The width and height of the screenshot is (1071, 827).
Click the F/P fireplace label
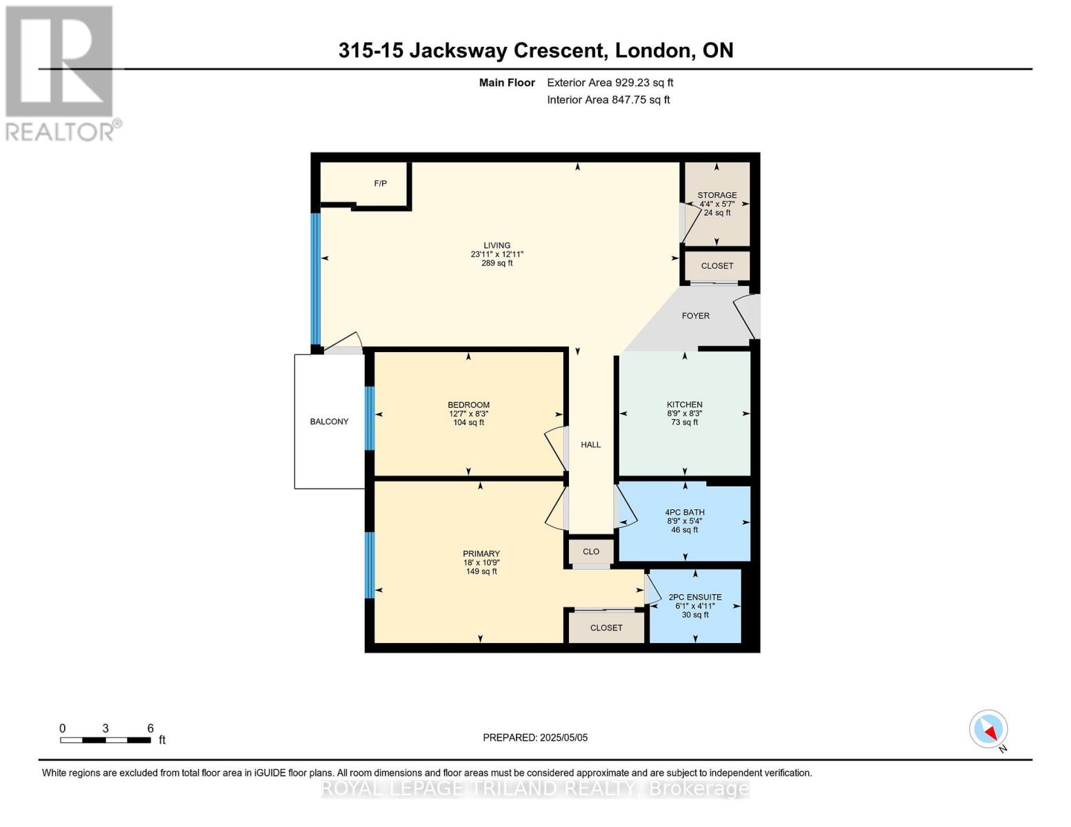click(380, 183)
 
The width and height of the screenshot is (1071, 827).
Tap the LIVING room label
click(497, 245)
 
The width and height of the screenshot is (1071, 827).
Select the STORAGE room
click(717, 204)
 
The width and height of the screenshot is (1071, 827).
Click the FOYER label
click(695, 316)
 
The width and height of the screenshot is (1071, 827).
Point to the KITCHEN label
click(684, 405)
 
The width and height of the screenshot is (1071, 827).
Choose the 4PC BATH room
click(684, 521)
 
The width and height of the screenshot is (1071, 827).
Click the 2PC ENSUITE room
click(695, 606)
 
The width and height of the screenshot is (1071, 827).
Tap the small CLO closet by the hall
click(590, 551)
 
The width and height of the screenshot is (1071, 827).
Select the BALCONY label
click(329, 421)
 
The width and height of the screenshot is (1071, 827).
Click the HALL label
click(590, 445)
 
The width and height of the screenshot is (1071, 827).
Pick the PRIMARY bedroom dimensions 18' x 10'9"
click(481, 562)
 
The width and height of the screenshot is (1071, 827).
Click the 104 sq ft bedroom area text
click(468, 422)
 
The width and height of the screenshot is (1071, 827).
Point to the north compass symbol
click(989, 730)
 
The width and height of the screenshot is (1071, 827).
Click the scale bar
click(106, 740)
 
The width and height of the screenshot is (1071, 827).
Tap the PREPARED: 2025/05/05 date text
click(535, 737)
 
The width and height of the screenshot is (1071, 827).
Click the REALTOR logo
click(61, 72)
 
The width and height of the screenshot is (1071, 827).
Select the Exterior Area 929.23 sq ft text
click(610, 83)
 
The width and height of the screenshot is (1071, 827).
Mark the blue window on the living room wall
click(316, 278)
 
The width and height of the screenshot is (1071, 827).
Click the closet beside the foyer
click(717, 266)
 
